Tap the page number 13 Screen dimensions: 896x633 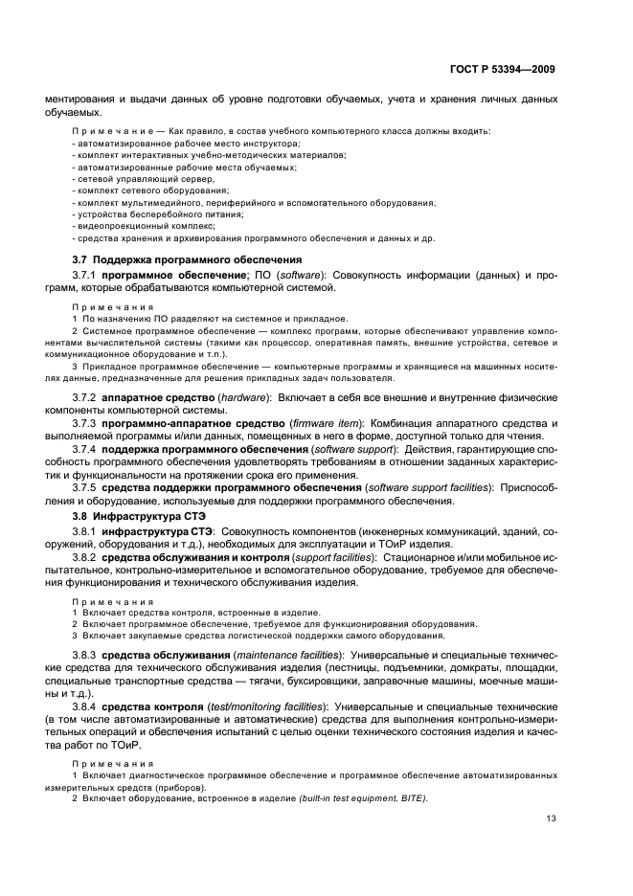[550, 818]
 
